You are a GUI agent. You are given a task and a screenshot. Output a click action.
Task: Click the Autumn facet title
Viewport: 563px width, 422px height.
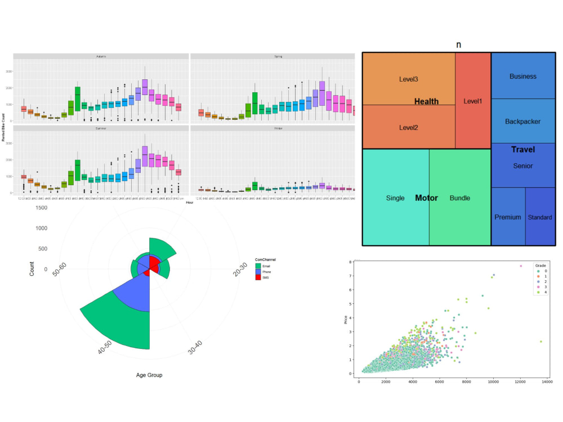pyautogui.click(x=101, y=56)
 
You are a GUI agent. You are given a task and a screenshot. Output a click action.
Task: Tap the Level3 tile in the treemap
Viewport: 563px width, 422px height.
pyautogui.click(x=408, y=79)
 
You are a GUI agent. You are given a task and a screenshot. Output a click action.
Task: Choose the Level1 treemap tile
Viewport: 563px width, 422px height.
pyautogui.click(x=473, y=101)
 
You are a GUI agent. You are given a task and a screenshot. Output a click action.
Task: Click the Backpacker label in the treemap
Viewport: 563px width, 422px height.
pyautogui.click(x=522, y=121)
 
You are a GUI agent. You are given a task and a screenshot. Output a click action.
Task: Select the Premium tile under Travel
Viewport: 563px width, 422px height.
pyautogui.click(x=507, y=217)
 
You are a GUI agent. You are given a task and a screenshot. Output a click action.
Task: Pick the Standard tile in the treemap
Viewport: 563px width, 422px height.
pyautogui.click(x=540, y=217)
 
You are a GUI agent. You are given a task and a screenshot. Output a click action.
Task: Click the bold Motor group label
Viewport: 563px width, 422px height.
pyautogui.click(x=426, y=198)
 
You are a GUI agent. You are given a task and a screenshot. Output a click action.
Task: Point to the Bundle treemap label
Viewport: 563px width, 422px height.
pyautogui.click(x=459, y=198)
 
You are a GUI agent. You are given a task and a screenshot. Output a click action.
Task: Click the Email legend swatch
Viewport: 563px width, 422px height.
pyautogui.click(x=258, y=265)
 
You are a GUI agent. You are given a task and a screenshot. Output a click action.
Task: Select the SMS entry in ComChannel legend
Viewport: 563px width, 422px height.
pyautogui.click(x=258, y=277)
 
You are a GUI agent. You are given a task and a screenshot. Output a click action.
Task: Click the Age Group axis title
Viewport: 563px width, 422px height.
pyautogui.click(x=149, y=375)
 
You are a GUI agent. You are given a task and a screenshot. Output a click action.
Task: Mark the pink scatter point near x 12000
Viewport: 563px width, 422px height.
pyautogui.click(x=521, y=266)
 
